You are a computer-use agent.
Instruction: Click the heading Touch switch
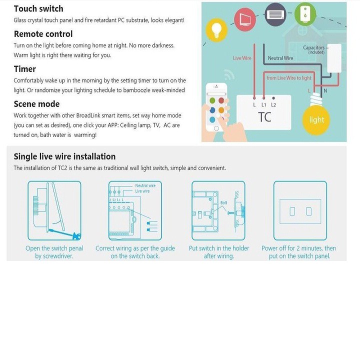click(38, 8)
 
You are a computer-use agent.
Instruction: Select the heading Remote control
click(43, 34)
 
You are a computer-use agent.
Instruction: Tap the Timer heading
click(25, 69)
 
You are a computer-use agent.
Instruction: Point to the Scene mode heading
click(36, 104)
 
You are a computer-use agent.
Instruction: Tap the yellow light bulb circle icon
click(216, 30)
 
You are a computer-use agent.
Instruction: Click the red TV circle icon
click(244, 19)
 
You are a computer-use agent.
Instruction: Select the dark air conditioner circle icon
click(275, 14)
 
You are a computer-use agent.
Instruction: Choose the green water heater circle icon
click(305, 14)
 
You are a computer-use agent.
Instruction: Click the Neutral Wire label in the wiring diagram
click(280, 58)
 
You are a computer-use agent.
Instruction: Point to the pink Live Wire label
click(242, 58)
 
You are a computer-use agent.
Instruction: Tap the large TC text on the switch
click(264, 117)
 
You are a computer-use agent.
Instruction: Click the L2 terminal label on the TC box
click(273, 105)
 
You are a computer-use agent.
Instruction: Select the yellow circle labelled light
click(316, 120)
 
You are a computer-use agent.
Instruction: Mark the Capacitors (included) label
click(314, 49)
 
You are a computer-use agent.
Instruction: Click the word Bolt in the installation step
click(223, 202)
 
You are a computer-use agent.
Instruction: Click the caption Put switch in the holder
click(219, 248)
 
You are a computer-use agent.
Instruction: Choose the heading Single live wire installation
click(64, 156)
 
